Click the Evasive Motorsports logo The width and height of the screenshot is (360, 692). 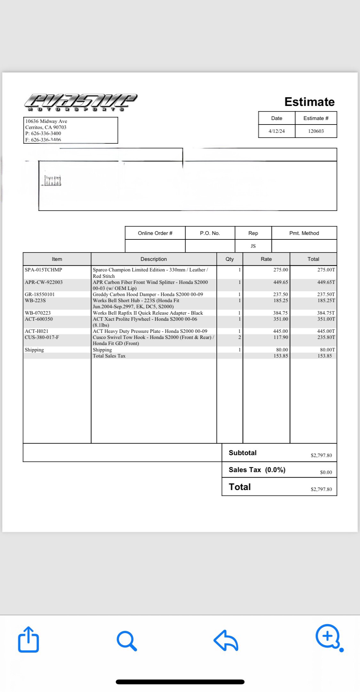[81, 102]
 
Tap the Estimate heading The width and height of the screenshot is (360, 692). [309, 102]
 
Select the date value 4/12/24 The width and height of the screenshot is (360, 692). [276, 131]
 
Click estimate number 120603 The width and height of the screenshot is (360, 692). [316, 131]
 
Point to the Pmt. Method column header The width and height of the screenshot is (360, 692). [304, 233]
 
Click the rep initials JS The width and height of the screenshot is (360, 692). [253, 246]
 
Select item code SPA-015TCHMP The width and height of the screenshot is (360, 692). [44, 270]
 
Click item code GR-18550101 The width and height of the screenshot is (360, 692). [40, 294]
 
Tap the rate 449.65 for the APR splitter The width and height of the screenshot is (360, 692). [280, 282]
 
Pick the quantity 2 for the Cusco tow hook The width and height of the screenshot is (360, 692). [239, 337]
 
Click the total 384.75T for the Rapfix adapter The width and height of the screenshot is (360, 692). [326, 313]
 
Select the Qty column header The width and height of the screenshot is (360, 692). [229, 259]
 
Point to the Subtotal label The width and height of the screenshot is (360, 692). [243, 453]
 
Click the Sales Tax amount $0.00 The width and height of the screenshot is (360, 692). [326, 472]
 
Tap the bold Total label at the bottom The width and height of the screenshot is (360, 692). [240, 487]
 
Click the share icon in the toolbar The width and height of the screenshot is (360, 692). [28, 639]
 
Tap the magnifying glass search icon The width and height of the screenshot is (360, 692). [127, 640]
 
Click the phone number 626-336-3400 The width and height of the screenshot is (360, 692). [46, 133]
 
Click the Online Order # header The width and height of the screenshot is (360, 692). [155, 233]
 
